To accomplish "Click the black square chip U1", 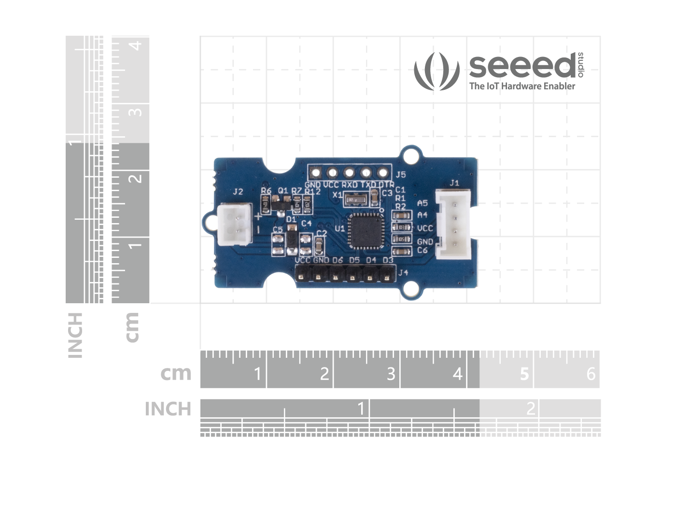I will tap(366, 231).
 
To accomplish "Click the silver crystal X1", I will tap(358, 197).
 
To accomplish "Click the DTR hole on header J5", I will tap(383, 172).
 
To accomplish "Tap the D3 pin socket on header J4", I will tap(387, 277).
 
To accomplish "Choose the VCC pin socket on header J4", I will tap(302, 277).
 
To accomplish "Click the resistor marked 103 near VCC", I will tap(401, 227).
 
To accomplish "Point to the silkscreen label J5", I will tap(401, 174).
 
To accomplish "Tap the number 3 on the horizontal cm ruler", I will tap(391, 373).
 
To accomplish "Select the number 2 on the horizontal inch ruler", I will tap(531, 408).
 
